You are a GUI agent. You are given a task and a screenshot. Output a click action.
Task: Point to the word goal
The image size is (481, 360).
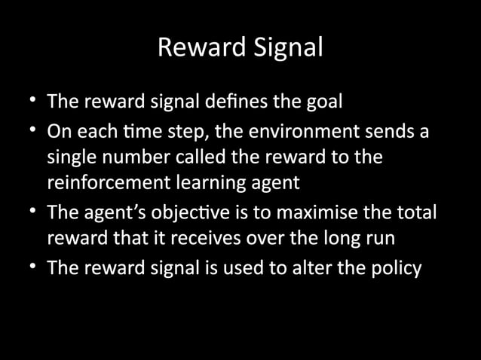tap(326, 102)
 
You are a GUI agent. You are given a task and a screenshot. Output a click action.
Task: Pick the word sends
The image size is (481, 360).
tap(392, 133)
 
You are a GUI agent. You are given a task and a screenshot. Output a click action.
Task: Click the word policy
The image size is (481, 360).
tap(395, 269)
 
